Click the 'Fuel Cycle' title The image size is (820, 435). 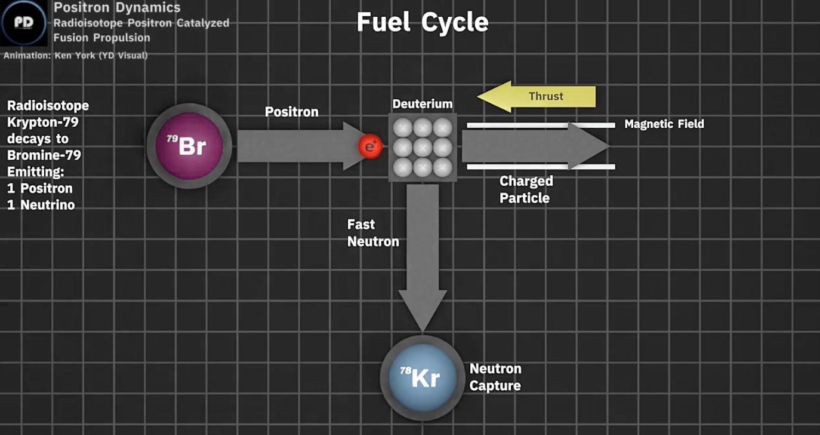pos(423,23)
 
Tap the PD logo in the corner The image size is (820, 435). pos(23,23)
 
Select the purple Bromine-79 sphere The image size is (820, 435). pos(185,146)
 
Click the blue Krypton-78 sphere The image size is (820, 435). pos(418,378)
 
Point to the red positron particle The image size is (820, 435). pos(369,146)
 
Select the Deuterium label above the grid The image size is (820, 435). pos(423,104)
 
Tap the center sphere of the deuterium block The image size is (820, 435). pos(423,146)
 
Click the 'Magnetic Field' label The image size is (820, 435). pos(664,124)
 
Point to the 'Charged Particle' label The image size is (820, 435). pos(526,189)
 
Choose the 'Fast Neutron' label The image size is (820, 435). pos(372,233)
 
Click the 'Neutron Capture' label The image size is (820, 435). pos(495,377)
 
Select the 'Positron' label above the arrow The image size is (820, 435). pos(291,112)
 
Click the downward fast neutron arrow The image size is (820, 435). pos(423,251)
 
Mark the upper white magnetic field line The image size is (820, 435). pos(540,125)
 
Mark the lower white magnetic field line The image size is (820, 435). pos(540,167)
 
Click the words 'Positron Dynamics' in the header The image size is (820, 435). pos(117,8)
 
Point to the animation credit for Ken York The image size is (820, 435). pos(76,56)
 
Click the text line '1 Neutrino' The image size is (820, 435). pos(41,205)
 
